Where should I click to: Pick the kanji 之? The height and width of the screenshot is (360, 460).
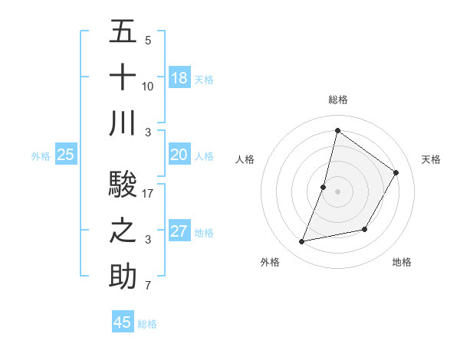pos(123,231)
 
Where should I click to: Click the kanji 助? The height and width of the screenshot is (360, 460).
pos(123,277)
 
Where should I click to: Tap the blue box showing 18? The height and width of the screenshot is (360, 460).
pos(179,78)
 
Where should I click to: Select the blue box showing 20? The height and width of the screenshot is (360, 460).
pos(179,155)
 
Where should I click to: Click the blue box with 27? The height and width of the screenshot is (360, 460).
pos(179,231)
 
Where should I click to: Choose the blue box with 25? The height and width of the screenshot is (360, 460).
pos(66,155)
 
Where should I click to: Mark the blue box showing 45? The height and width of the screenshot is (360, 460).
pos(123,322)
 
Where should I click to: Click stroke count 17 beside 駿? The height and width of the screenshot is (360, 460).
pos(148,194)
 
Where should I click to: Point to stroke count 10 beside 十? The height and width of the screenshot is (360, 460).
pos(148,86)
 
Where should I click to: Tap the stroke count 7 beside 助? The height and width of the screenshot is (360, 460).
pos(148,286)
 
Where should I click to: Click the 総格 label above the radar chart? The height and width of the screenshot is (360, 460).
pos(337,100)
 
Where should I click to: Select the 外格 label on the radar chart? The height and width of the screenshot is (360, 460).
pos(270,262)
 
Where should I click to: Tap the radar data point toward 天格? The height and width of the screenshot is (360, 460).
pos(396,172)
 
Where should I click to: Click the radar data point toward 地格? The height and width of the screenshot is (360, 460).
pos(365,229)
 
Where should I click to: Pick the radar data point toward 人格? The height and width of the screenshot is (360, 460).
pos(324,187)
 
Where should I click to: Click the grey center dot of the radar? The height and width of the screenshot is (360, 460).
pos(337,191)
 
